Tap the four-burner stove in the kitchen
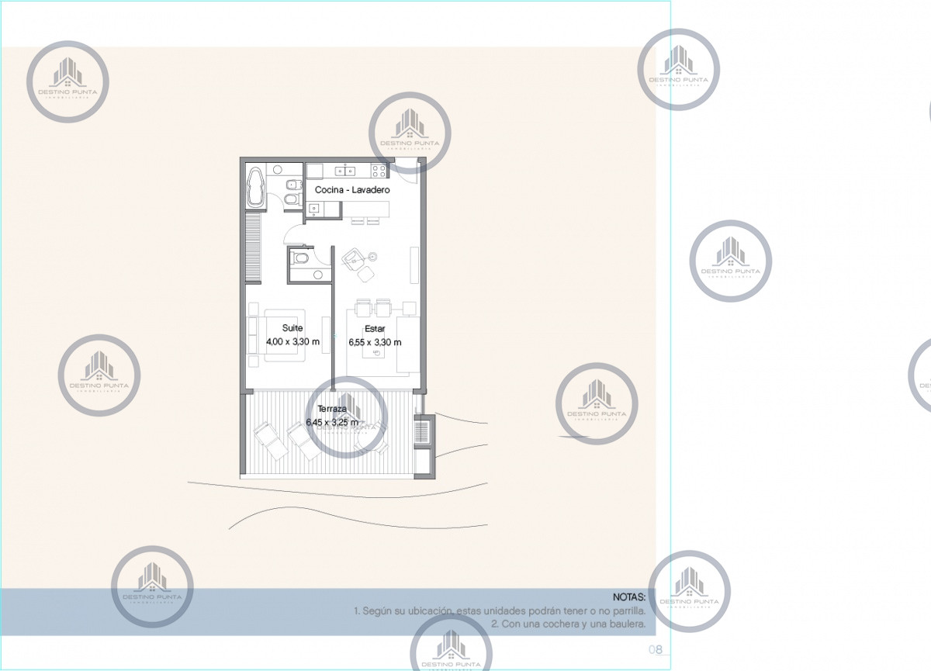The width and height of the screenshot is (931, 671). [379, 171]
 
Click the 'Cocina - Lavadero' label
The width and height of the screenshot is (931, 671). [351, 189]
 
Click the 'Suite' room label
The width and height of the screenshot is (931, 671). [292, 328]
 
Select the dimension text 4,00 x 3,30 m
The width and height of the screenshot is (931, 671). [292, 341]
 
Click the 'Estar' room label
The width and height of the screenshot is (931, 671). [375, 329]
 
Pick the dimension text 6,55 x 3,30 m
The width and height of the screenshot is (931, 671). [375, 342]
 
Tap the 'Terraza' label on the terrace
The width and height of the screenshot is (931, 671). [332, 408]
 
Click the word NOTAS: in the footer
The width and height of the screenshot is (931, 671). [628, 597]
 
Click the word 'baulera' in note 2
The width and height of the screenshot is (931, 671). [627, 624]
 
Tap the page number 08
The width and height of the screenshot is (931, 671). [655, 650]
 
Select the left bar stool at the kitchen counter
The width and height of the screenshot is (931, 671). [357, 221]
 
